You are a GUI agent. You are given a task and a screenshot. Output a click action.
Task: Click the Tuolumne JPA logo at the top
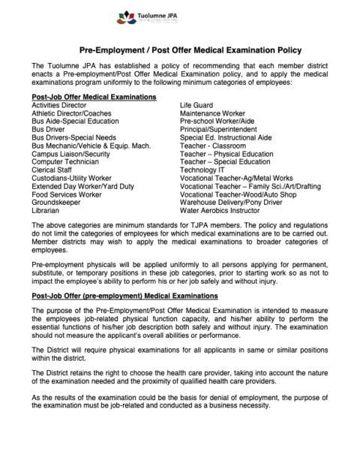[180, 17]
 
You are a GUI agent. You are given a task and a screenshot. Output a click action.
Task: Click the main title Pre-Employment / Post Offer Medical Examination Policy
[180, 50]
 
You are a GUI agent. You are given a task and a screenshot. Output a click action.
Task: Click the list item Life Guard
[196, 105]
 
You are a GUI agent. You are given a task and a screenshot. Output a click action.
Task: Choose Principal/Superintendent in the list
[222, 129]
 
